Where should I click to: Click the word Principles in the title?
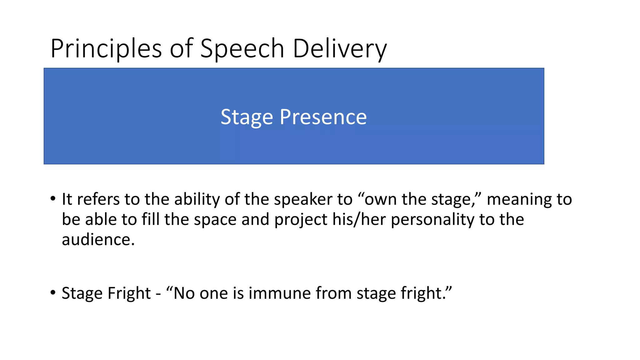tap(106, 49)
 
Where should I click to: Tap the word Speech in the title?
tap(242, 49)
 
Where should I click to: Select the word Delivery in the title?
tap(340, 49)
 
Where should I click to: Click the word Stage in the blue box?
tap(247, 117)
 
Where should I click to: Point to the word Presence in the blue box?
tap(323, 117)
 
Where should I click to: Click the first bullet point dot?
tap(53, 199)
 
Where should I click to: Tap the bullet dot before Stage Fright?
tap(53, 293)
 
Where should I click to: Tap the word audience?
tap(98, 240)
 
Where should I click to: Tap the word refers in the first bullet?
tap(98, 199)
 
